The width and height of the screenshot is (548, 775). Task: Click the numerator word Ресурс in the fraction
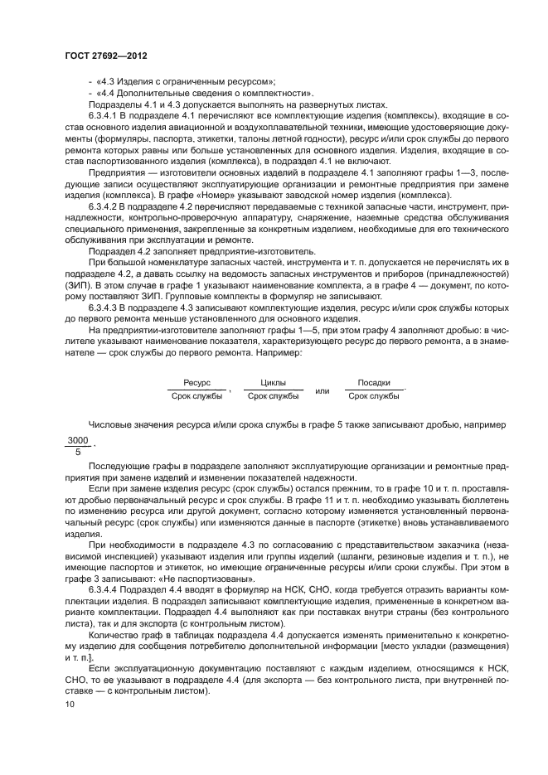pyautogui.click(x=196, y=383)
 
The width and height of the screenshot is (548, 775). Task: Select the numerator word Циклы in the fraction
pyautogui.click(x=273, y=383)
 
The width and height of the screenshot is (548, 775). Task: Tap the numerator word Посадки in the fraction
pyautogui.click(x=373, y=383)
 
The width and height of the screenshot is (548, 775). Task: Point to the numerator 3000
pyautogui.click(x=77, y=440)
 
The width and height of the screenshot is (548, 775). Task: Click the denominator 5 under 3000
pyautogui.click(x=77, y=453)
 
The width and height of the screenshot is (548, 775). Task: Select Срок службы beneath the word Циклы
pyautogui.click(x=273, y=396)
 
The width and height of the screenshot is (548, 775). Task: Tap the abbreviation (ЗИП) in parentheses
pyautogui.click(x=81, y=283)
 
